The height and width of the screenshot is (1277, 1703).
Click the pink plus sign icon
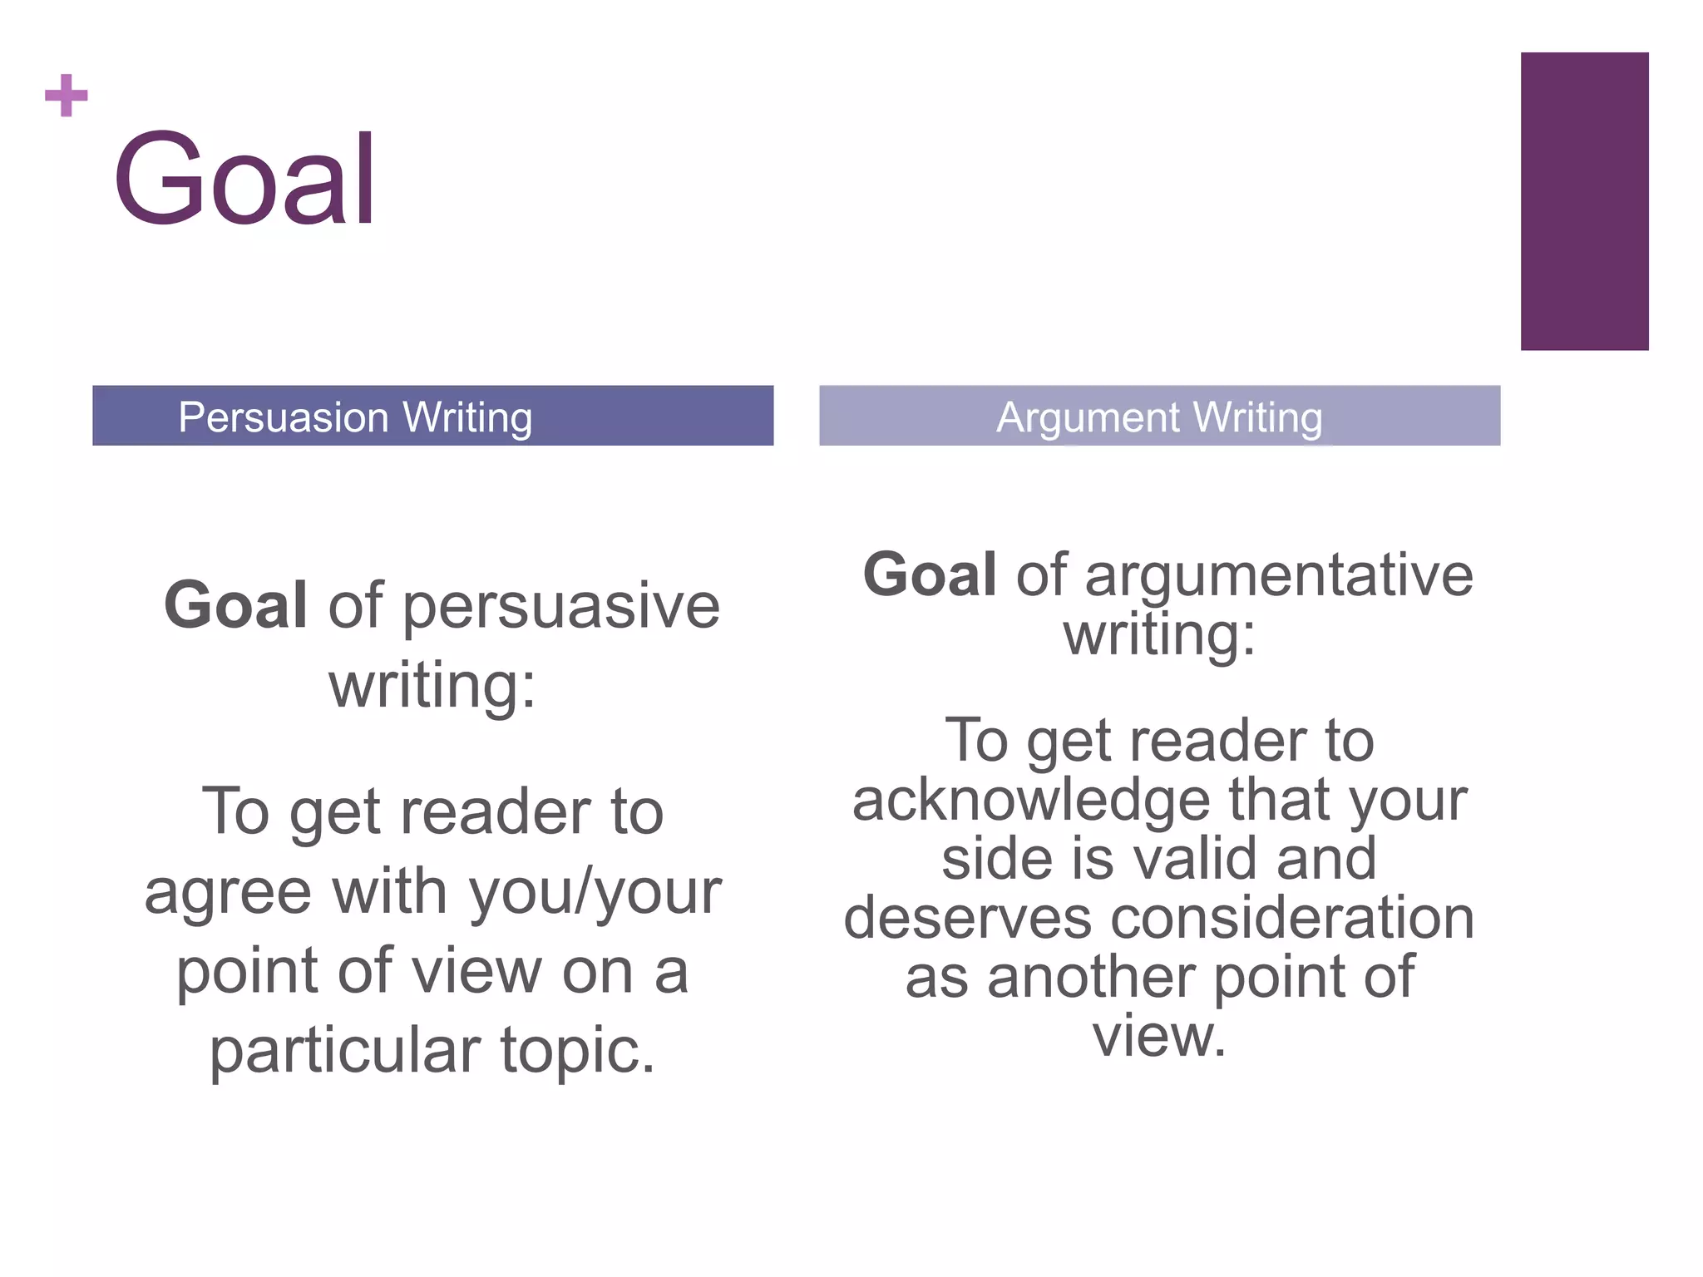tap(67, 96)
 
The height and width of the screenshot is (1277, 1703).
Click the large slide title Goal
tap(244, 179)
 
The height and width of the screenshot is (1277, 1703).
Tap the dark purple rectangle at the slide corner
tap(1584, 201)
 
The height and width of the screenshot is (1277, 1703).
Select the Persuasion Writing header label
tap(355, 417)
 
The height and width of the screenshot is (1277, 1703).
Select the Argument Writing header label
tap(1159, 417)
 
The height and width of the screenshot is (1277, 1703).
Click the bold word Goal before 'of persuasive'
tap(236, 604)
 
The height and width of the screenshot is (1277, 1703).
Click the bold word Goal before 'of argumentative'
tap(930, 574)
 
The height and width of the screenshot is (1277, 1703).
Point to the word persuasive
tap(562, 607)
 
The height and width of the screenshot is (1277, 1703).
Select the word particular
tap(345, 1051)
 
